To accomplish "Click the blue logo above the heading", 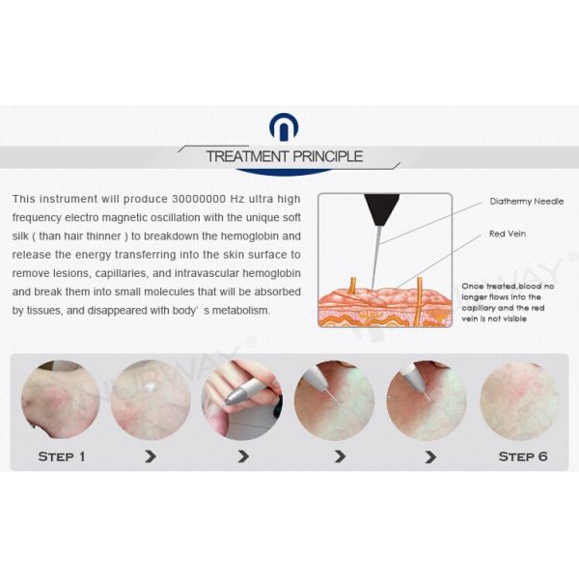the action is click(x=284, y=127).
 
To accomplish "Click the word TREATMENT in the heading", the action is click(x=247, y=156).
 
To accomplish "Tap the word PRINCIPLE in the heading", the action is click(x=327, y=156).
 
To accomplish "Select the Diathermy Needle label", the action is click(x=527, y=202).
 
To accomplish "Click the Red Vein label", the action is click(x=508, y=234).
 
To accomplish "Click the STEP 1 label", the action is click(x=62, y=456).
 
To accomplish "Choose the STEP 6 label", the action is click(x=523, y=456).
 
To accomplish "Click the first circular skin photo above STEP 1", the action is click(x=61, y=400).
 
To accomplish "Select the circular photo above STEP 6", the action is click(x=519, y=401).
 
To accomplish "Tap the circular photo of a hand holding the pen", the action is click(x=242, y=400).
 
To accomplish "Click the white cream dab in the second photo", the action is click(x=150, y=387).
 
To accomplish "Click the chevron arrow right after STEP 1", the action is click(x=151, y=456).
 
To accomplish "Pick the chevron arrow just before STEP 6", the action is click(x=430, y=456).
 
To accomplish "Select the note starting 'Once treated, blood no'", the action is click(x=508, y=302).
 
